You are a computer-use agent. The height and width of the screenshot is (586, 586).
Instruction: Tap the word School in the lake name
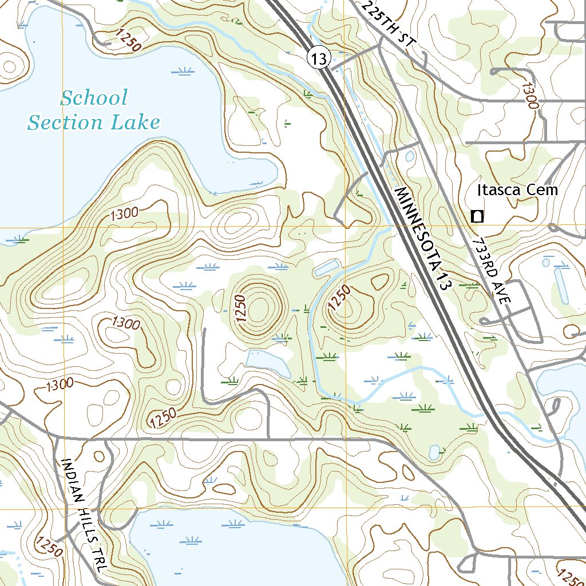[94, 98]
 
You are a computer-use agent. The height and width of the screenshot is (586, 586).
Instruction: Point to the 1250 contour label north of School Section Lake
[126, 40]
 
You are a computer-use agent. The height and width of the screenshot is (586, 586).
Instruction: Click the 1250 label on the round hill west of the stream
[240, 308]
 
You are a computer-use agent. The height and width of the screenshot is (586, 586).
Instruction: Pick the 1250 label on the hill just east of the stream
[339, 299]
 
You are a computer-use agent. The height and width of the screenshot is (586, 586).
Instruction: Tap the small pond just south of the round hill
[267, 363]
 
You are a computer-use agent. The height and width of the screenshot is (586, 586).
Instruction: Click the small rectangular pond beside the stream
[326, 268]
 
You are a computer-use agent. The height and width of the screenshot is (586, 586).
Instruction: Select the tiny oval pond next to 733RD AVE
[409, 155]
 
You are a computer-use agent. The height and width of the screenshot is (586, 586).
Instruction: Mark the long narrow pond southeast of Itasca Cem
[561, 284]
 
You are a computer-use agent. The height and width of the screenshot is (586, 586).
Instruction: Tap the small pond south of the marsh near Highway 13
[434, 452]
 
